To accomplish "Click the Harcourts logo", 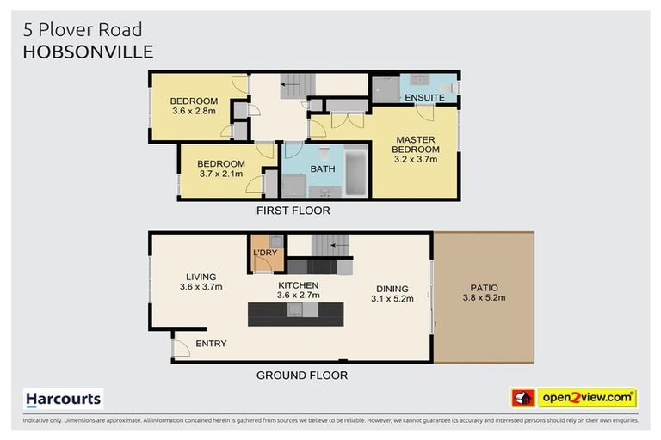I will [x=63, y=398].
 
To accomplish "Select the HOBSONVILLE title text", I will [x=87, y=52].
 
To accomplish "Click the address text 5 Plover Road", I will [x=82, y=31].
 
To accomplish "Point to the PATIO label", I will [x=483, y=288].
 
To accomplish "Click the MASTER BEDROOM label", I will [x=416, y=144].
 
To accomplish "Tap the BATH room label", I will [x=323, y=168].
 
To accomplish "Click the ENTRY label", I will [x=211, y=344].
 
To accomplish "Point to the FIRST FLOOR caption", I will [x=293, y=211].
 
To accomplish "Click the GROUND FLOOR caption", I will [x=302, y=376].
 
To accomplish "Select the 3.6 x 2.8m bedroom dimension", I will [x=194, y=111].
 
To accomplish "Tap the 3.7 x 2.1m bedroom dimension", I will [x=220, y=174].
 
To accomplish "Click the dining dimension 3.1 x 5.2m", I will [x=392, y=299].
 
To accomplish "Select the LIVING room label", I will [x=200, y=277].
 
